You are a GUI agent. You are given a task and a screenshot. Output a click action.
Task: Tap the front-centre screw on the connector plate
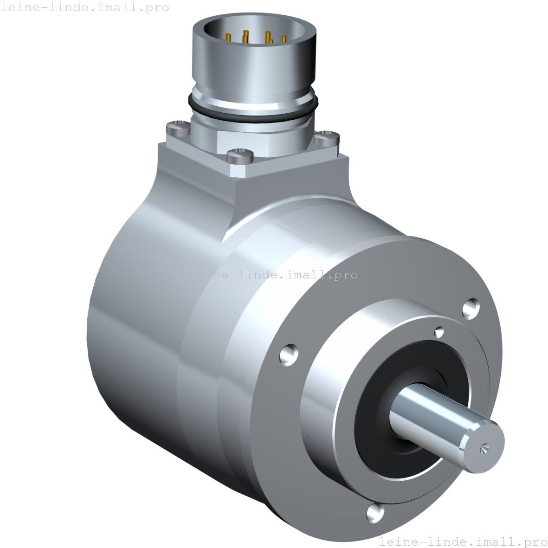click(240, 154)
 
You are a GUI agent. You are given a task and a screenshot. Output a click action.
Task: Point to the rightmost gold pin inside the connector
click(283, 40)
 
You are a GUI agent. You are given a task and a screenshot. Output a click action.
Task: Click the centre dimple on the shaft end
click(484, 448)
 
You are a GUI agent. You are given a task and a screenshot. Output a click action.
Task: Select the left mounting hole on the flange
click(289, 354)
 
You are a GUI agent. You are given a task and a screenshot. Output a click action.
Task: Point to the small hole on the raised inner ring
click(439, 332)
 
